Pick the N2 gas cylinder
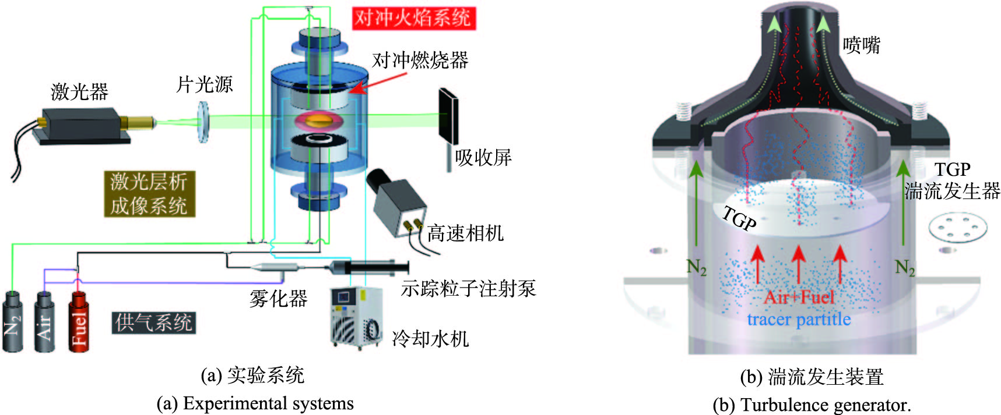point(13,322)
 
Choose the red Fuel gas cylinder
point(79,322)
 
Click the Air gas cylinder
point(45,322)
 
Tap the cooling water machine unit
point(356,317)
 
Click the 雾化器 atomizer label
point(278,299)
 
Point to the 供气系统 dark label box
point(153,322)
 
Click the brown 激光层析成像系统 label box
point(149,194)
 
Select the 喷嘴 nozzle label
point(861,45)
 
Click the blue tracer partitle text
point(799,319)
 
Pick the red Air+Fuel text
point(799,297)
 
